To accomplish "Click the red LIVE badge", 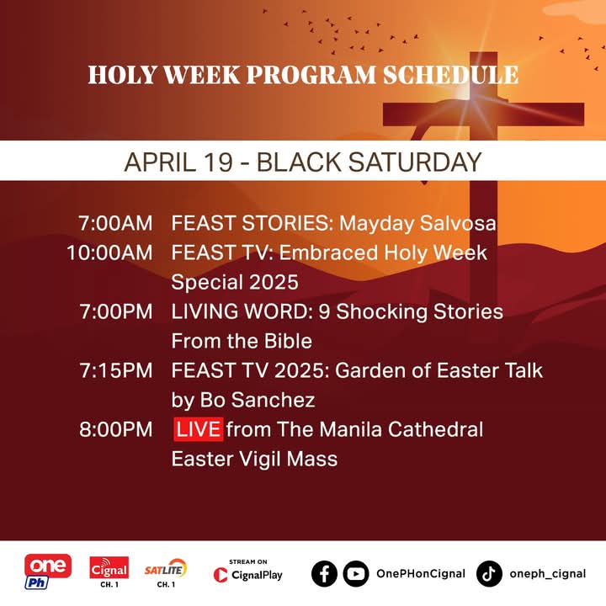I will pyautogui.click(x=199, y=429).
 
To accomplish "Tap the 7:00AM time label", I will pyautogui.click(x=116, y=224).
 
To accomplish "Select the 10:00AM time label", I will pyautogui.click(x=109, y=252).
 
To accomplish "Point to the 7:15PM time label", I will pyautogui.click(x=116, y=370).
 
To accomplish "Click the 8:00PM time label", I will pyautogui.click(x=116, y=429).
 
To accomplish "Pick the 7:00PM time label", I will pyautogui.click(x=116, y=311).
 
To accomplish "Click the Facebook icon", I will pyautogui.click(x=324, y=574).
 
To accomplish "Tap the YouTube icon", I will pyautogui.click(x=355, y=574).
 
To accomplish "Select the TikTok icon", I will pyautogui.click(x=489, y=574).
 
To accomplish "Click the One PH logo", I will pyautogui.click(x=48, y=571).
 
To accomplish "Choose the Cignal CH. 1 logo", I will pyautogui.click(x=109, y=571).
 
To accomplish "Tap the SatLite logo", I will pyautogui.click(x=166, y=571).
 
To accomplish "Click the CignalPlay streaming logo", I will pyautogui.click(x=248, y=571).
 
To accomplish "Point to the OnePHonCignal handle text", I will pyautogui.click(x=421, y=574).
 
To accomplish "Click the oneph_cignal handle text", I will pyautogui.click(x=548, y=574).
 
